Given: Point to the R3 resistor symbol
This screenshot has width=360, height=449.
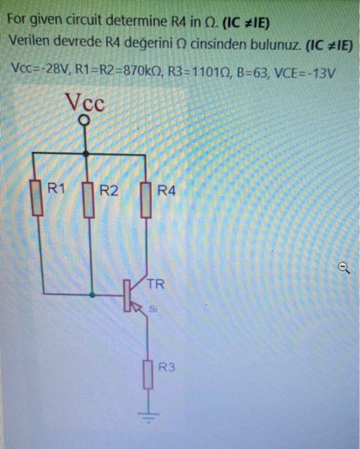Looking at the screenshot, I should tap(149, 375).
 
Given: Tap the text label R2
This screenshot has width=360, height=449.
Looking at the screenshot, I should tap(110, 190).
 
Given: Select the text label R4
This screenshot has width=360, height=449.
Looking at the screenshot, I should tap(166, 190).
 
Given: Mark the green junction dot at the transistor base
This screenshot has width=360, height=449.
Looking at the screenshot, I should tap(94, 295).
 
